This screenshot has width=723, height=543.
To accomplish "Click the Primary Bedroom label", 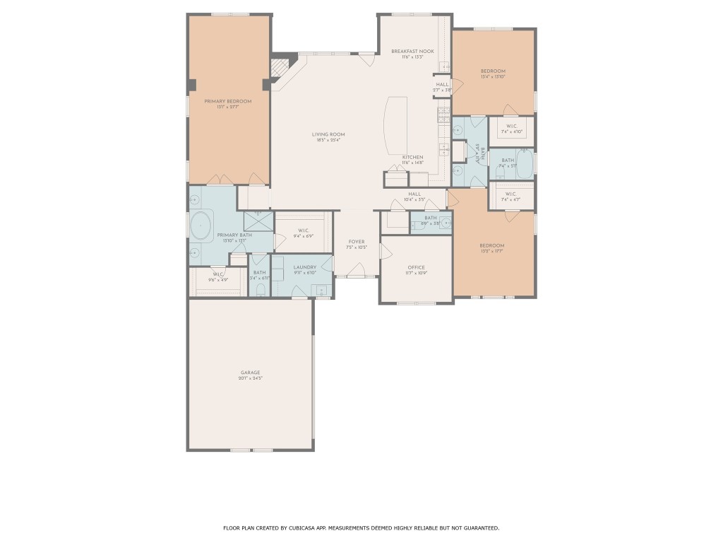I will point(227,101).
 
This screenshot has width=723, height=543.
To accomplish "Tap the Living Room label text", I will point(328,134).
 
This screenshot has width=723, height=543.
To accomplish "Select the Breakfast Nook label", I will point(412,51).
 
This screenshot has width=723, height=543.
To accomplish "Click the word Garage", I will point(250,372).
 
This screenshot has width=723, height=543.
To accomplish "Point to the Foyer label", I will point(357,241).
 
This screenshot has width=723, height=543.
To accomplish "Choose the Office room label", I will point(416,267).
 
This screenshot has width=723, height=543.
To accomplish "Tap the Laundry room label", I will point(304,267).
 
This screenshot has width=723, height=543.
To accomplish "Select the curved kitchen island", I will point(392,127).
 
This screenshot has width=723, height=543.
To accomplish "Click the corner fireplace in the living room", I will point(281,68).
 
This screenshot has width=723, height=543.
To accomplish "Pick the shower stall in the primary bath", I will point(258,221).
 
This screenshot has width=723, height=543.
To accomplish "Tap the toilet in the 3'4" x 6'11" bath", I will point(260,288).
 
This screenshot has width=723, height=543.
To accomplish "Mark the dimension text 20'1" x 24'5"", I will point(250,378).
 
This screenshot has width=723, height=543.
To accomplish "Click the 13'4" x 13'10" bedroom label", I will point(493,71).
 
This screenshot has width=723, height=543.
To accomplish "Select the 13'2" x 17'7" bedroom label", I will point(492,245).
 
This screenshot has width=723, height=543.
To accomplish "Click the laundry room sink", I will point(322,289).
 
